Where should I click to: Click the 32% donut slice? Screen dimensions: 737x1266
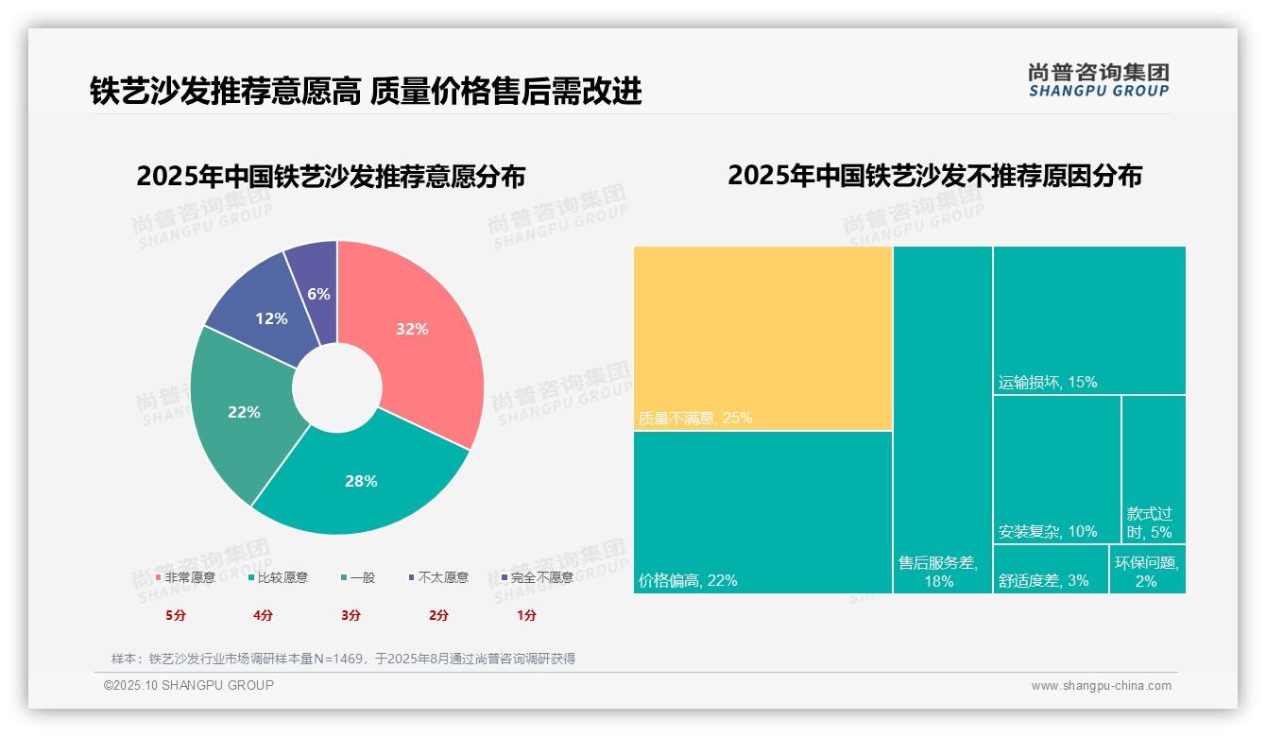[416, 331]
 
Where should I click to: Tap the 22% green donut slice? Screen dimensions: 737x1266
[241, 414]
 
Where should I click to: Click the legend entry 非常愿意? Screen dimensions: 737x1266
[185, 577]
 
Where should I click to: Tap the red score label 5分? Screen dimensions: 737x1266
[176, 615]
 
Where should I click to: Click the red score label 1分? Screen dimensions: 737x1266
[526, 615]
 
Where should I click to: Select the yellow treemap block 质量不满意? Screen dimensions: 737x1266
[762, 337]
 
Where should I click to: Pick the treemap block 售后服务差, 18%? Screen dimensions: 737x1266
[942, 419]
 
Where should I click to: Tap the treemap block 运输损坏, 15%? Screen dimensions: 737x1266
[1089, 319]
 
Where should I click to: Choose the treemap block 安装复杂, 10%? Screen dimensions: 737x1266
[1056, 469]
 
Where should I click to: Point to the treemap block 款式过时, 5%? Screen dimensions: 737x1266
[1154, 469]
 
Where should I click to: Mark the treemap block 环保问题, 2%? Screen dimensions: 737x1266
[1147, 569]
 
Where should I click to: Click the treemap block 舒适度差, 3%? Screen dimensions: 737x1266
[1050, 569]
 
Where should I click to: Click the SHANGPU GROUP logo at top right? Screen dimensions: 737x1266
[1098, 80]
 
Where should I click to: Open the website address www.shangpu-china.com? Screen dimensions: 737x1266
[1101, 686]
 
